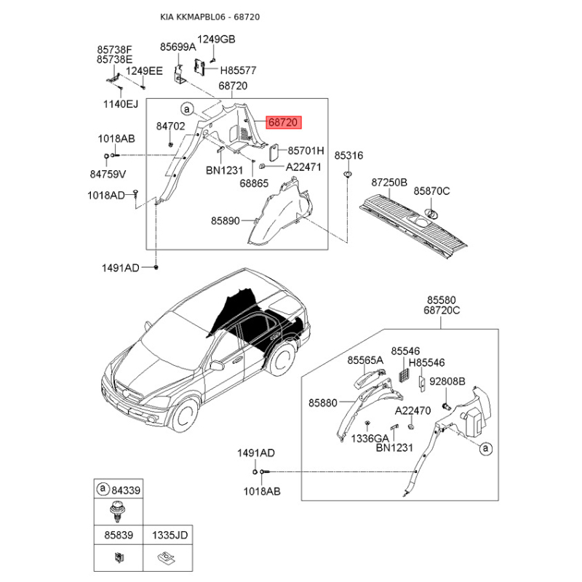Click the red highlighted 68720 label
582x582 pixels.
(284, 122)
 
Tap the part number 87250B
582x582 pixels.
(389, 183)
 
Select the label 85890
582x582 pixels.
(226, 221)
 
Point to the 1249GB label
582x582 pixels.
(216, 39)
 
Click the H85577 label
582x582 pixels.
(239, 70)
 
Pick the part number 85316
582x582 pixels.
(348, 156)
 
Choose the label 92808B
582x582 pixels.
(447, 381)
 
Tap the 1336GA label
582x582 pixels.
(370, 439)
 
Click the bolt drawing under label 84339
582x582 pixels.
(118, 511)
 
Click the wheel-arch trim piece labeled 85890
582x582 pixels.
(281, 212)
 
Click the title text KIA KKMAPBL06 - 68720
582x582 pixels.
(210, 17)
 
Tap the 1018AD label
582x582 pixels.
(106, 195)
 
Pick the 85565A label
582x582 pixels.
(365, 360)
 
